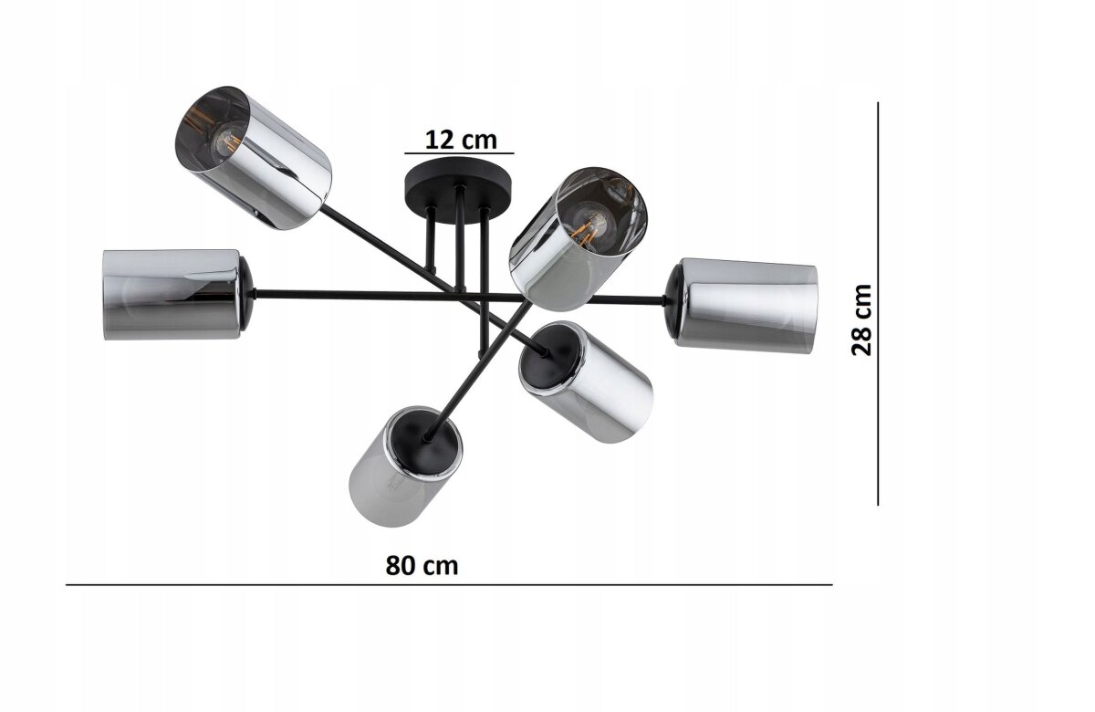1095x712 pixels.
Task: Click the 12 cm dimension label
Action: (x=461, y=140)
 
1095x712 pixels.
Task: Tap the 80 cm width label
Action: (x=422, y=566)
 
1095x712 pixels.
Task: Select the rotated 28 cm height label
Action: (x=861, y=319)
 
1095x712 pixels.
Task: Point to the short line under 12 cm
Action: (x=459, y=153)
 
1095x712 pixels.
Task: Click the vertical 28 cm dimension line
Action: (x=878, y=304)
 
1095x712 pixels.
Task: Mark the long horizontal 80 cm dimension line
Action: (x=449, y=585)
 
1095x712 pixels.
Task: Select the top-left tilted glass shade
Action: (x=254, y=158)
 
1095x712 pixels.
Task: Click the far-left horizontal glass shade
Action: (x=178, y=295)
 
